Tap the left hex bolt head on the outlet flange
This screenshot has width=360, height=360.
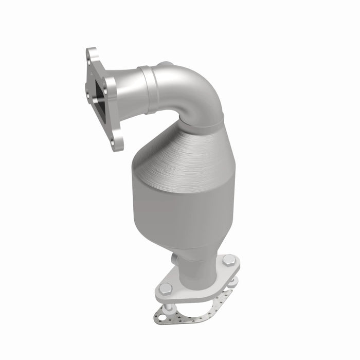166,289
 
